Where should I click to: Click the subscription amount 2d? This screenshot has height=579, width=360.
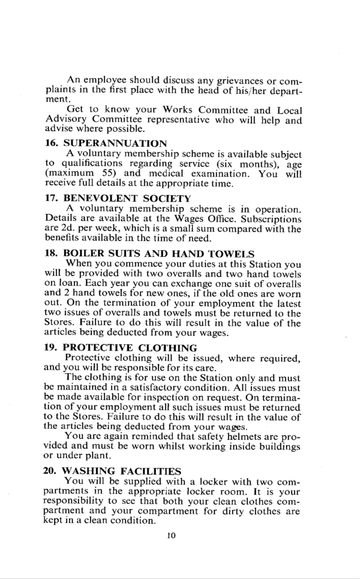(70, 229)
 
